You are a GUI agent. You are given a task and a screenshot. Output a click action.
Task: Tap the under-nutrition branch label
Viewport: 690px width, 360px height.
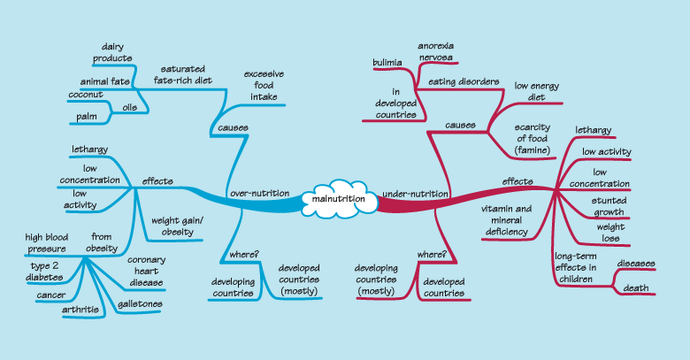(414, 193)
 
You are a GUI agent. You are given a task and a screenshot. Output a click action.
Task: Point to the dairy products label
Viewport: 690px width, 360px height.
(112, 52)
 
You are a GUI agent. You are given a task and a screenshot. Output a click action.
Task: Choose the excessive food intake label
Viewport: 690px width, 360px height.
(262, 86)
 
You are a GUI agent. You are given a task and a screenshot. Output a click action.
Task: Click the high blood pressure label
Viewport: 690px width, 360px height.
(47, 242)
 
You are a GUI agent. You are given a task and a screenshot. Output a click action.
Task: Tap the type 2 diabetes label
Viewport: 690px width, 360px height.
(45, 271)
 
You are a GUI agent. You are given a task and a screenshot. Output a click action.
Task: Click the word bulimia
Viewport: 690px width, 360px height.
(387, 64)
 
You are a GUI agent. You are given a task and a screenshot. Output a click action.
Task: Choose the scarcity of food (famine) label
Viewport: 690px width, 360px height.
(533, 139)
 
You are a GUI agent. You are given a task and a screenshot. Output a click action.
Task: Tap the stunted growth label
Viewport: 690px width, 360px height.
(609, 206)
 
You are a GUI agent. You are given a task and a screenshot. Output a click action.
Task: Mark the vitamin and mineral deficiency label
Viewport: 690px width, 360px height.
(505, 220)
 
